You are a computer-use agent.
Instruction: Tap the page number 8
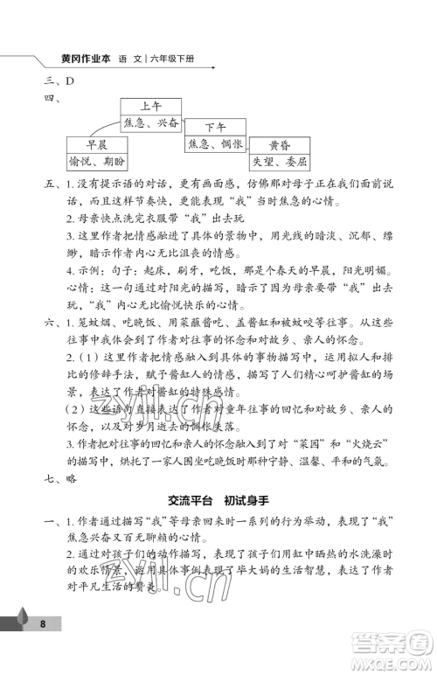(42, 648)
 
